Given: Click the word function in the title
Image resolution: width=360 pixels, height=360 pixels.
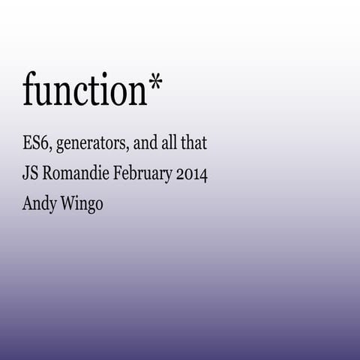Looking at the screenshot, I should pyautogui.click(x=84, y=90).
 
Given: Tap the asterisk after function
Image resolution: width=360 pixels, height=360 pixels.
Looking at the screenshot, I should pyautogui.click(x=154, y=85).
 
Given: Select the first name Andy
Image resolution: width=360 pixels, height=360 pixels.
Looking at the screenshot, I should pyautogui.click(x=39, y=205).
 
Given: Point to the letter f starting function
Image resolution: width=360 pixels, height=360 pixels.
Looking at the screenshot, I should pyautogui.click(x=28, y=88).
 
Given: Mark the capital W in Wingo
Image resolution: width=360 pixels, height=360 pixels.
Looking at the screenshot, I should pyautogui.click(x=67, y=203).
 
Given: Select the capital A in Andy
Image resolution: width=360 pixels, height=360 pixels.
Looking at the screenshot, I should pyautogui.click(x=28, y=203).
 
